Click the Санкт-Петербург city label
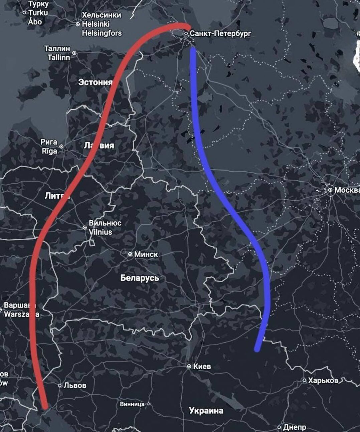coord(220,33)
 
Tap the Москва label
coord(347,190)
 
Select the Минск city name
coord(146,254)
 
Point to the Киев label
coord(202,366)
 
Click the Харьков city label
coord(323,380)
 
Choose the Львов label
coord(75,385)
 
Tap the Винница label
coord(132,404)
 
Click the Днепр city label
coord(295,427)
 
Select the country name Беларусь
coord(140,278)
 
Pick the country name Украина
coord(206,410)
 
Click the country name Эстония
coord(95,82)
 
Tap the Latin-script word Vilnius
coord(100,232)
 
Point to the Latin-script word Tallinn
coord(59,57)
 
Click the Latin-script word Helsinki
coord(96,24)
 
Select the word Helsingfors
coord(102,33)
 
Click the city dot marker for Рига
coord(61,146)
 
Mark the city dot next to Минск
coord(130,254)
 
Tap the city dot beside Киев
coord(189,367)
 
